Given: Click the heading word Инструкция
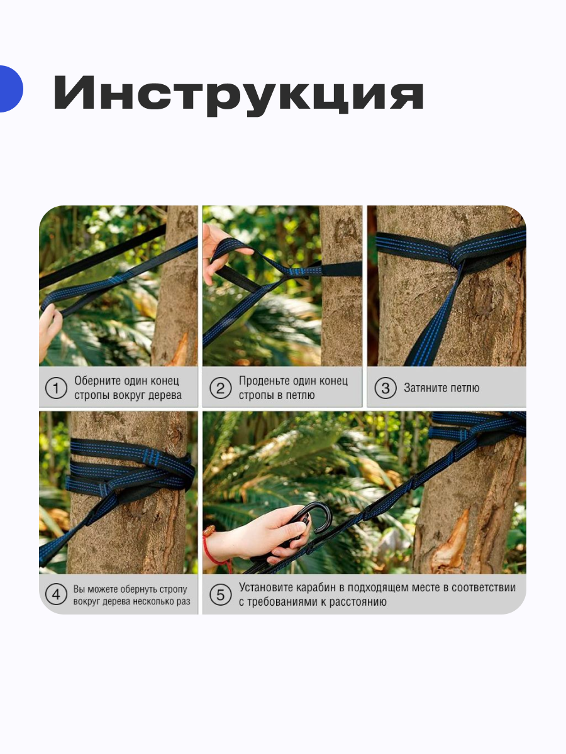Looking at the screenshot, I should (239, 94).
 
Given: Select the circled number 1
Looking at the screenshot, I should (56, 388).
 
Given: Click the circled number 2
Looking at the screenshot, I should (220, 388).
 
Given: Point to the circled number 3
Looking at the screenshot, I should (386, 388).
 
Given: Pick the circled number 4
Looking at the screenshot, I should (56, 594).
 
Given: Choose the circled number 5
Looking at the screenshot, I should (220, 594).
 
